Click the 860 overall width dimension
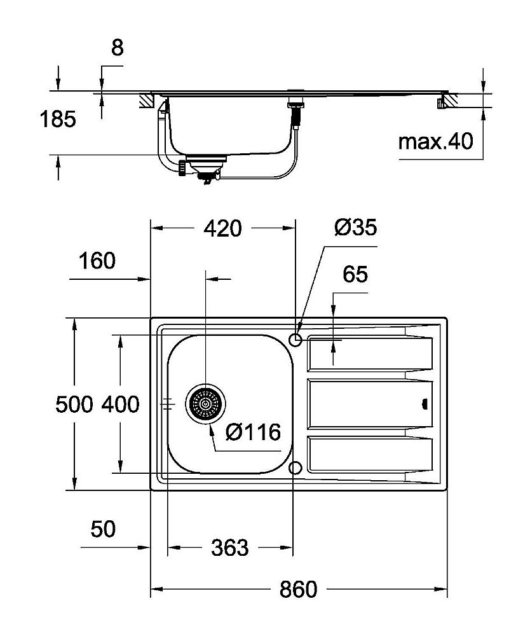[298, 590]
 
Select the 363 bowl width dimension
[229, 547]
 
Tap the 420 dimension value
[222, 228]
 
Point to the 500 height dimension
[74, 404]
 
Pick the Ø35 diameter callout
[355, 227]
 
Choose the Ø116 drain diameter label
[254, 432]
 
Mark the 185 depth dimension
[57, 119]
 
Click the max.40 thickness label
[435, 141]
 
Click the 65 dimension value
[355, 275]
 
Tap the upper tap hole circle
[295, 340]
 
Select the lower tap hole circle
[295, 469]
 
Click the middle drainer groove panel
[369, 404]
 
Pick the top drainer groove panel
[369, 354]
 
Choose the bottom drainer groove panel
[369, 455]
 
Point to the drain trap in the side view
[204, 170]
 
